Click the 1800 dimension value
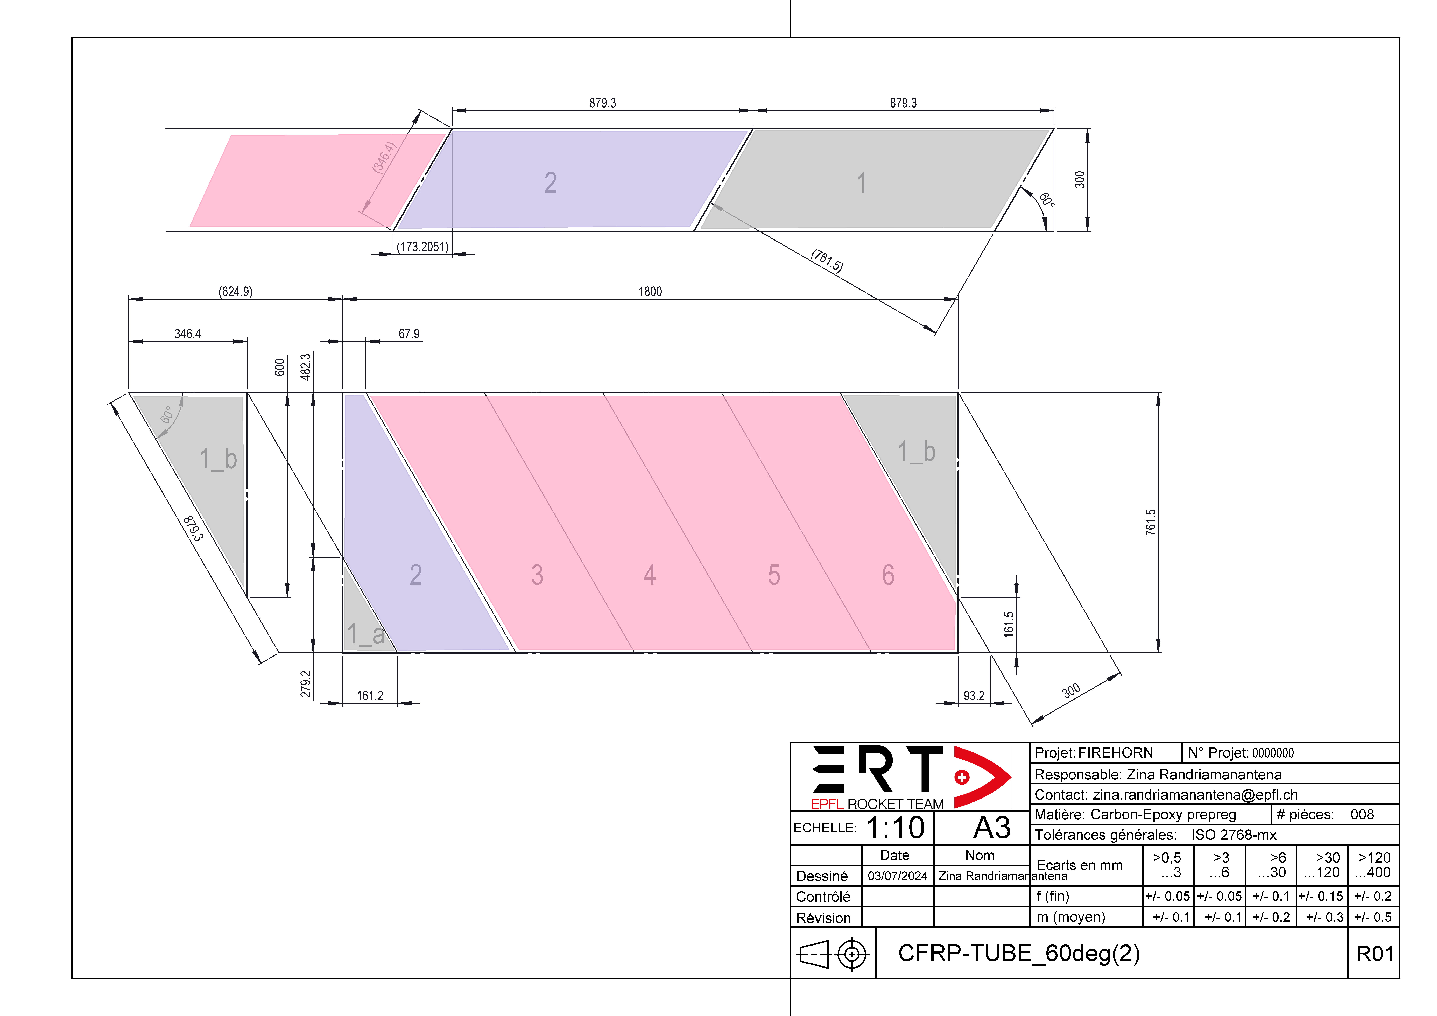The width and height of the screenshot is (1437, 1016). [x=650, y=292]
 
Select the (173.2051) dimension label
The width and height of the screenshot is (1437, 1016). [x=422, y=247]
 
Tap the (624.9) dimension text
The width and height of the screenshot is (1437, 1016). [x=235, y=292]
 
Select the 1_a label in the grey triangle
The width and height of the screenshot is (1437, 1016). [x=365, y=634]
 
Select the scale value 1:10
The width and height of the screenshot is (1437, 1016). [x=895, y=828]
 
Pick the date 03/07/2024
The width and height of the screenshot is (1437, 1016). [x=898, y=876]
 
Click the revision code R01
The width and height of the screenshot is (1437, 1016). [x=1374, y=953]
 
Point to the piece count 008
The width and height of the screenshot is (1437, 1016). [x=1362, y=814]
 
